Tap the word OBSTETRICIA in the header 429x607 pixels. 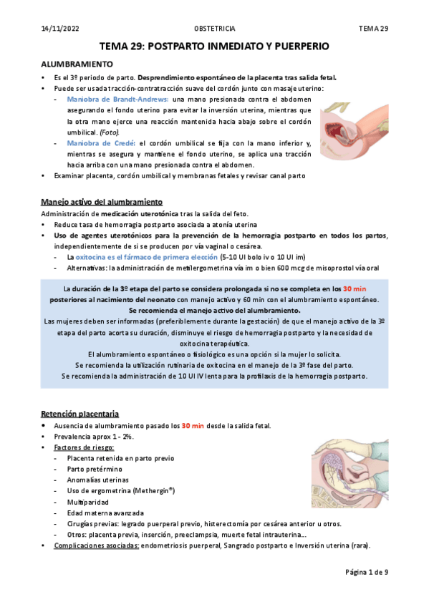coord(215,28)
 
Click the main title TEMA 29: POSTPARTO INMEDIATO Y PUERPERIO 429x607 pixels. coord(214,47)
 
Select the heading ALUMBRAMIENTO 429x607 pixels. coord(76,64)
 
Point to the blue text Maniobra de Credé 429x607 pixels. coord(99,143)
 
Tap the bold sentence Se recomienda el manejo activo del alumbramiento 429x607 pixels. coord(214,311)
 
